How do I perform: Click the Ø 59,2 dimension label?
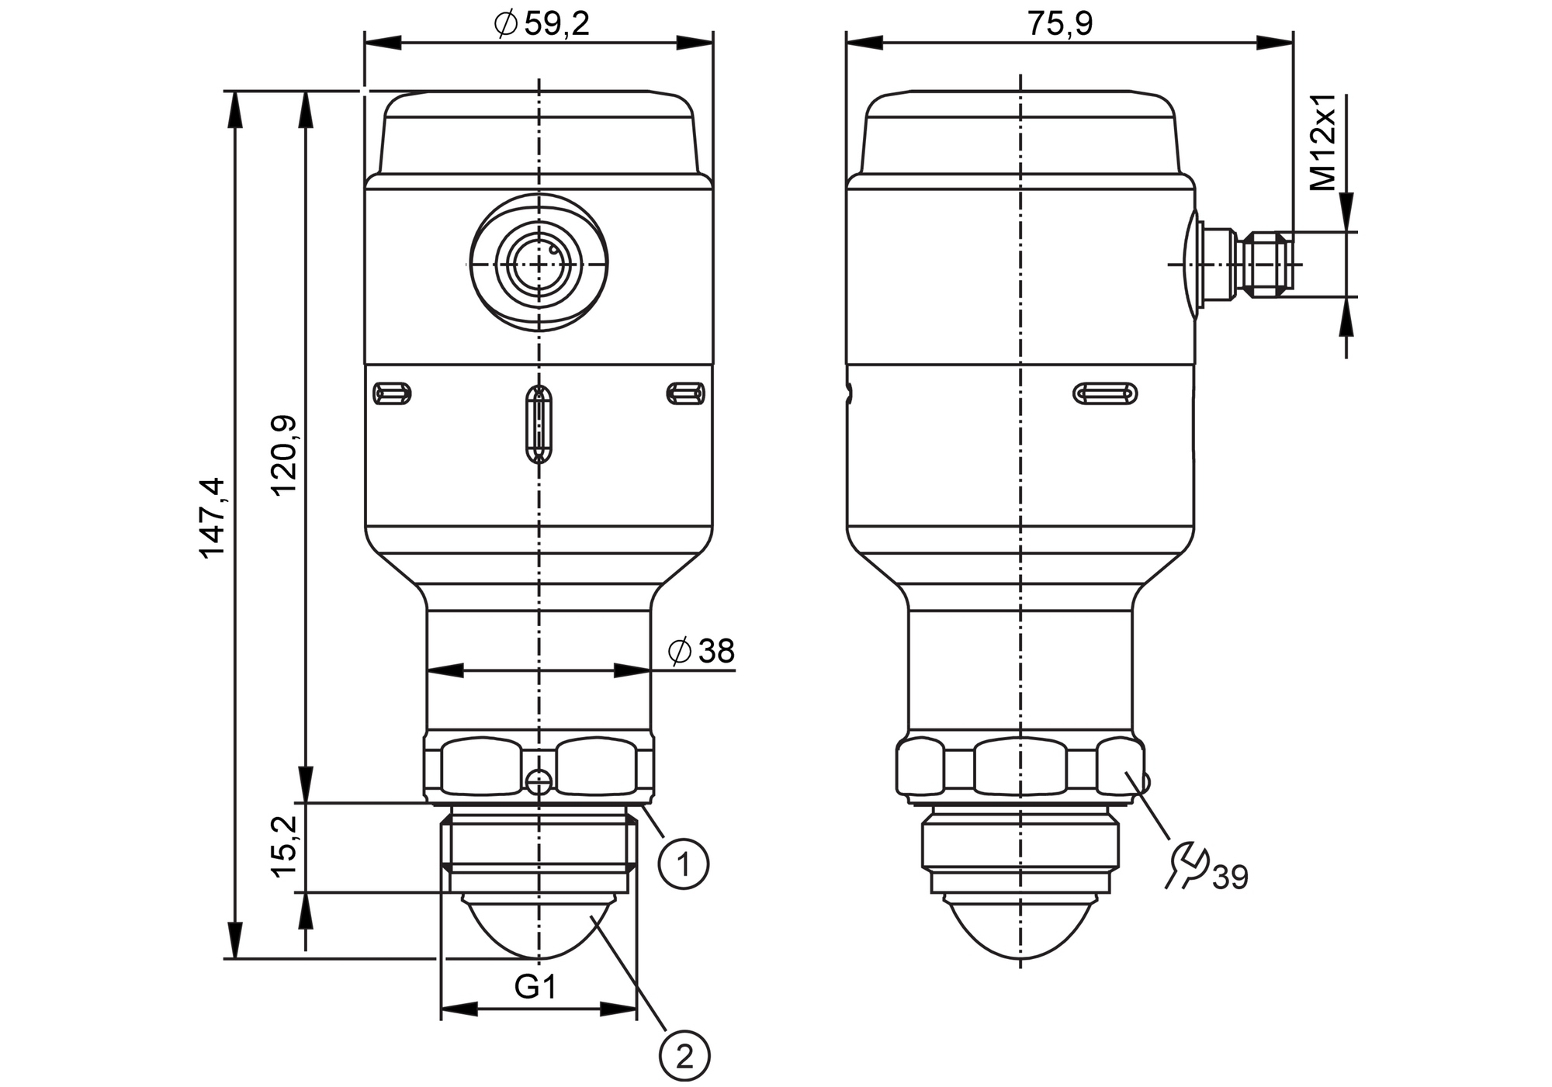pyautogui.click(x=542, y=25)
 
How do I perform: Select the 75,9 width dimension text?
pyautogui.click(x=1060, y=24)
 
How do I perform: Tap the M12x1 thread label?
pyautogui.click(x=1324, y=142)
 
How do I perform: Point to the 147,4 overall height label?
pyautogui.click(x=211, y=518)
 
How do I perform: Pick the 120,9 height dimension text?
pyautogui.click(x=284, y=455)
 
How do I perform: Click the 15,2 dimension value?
pyautogui.click(x=285, y=846)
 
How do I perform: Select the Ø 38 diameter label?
pyautogui.click(x=701, y=652)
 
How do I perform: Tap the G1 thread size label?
pyautogui.click(x=535, y=988)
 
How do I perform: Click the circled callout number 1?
pyautogui.click(x=684, y=863)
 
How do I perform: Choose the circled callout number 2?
pyautogui.click(x=684, y=1056)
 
